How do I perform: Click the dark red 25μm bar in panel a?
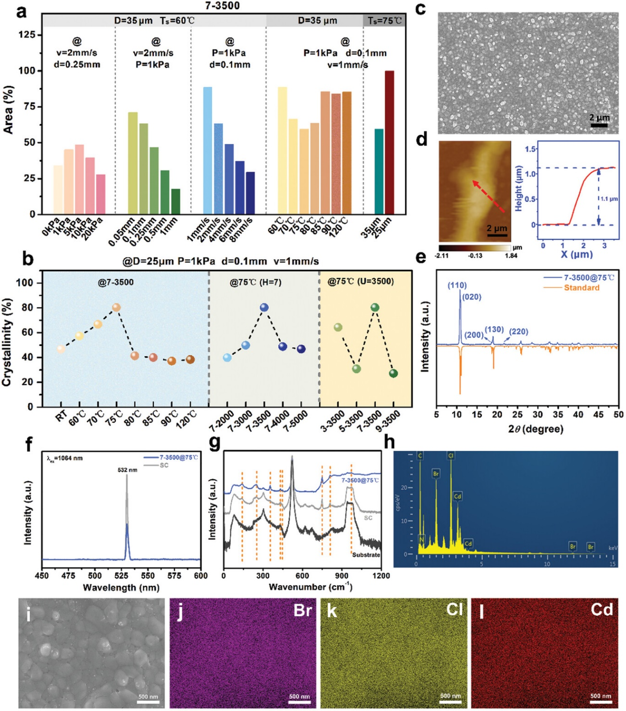(389, 142)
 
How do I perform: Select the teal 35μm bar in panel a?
(379, 171)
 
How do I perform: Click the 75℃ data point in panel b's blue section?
(116, 307)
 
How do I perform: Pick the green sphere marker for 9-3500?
(393, 373)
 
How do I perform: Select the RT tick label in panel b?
(61, 417)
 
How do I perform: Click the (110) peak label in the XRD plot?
(457, 285)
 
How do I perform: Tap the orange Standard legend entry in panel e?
(581, 288)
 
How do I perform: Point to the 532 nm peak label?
(127, 470)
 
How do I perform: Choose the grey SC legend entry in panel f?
(164, 465)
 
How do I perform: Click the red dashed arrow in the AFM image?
(488, 196)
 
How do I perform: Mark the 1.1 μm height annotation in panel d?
(609, 199)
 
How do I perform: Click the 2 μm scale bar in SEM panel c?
(599, 125)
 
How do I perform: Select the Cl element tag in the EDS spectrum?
(451, 456)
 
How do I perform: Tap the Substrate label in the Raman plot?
(366, 555)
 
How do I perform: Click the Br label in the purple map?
(303, 610)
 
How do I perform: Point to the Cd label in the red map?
(601, 610)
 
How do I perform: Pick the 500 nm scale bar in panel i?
(149, 702)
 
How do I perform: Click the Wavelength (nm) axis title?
(121, 587)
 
